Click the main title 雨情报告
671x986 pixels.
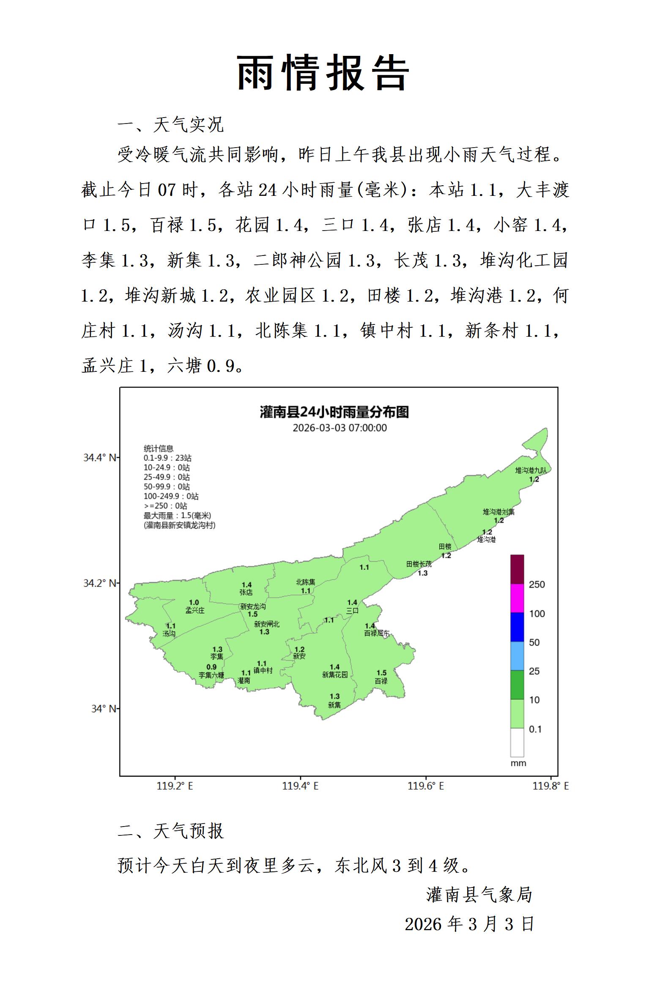click(323, 73)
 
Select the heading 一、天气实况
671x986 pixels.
click(170, 124)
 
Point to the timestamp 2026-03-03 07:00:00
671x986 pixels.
click(340, 428)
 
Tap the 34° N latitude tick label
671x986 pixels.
click(103, 709)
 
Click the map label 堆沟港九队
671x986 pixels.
click(531, 470)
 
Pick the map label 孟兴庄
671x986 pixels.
click(194, 610)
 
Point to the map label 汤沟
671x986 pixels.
click(169, 633)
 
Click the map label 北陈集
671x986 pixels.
click(305, 582)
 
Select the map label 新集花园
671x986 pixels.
click(334, 675)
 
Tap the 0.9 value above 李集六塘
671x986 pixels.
click(211, 667)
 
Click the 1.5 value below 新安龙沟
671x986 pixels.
click(252, 614)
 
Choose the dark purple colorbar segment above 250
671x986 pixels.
click(517, 569)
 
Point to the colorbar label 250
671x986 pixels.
click(537, 584)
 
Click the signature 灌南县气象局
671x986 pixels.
click(479, 894)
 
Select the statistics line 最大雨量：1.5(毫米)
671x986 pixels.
click(177, 516)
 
